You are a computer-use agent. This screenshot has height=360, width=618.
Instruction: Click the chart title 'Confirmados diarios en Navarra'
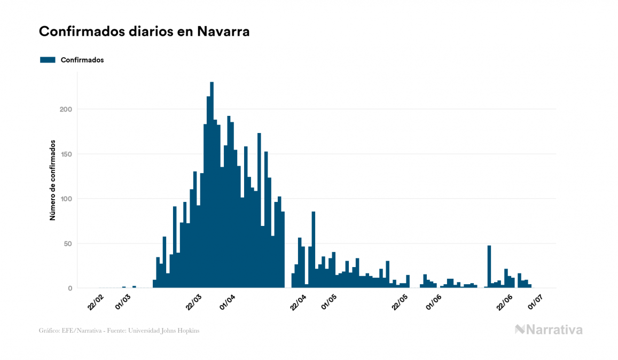pos(144,32)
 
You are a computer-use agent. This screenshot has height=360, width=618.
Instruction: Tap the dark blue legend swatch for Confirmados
pos(48,60)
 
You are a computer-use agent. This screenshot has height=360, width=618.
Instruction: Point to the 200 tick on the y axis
pos(66,109)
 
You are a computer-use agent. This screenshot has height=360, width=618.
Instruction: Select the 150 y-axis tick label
pos(66,154)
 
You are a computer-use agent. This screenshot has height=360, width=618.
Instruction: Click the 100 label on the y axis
pos(66,199)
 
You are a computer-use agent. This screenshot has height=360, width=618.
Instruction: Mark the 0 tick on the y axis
pos(70,288)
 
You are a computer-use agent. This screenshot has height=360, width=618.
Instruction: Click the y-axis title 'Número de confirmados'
pos(52,181)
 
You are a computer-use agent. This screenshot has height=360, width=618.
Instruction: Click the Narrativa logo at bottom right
pos(549,330)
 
